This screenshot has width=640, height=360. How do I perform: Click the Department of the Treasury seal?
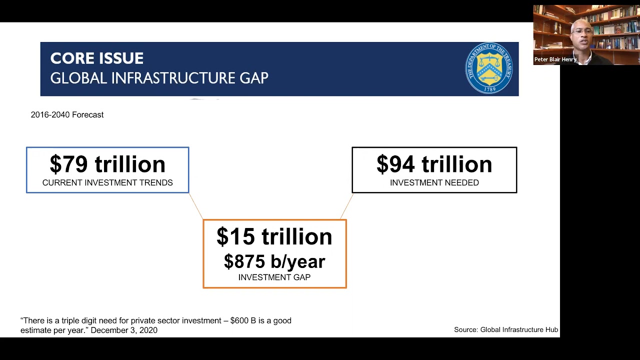[x=489, y=68]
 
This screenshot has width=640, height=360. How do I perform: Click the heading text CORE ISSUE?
[x=97, y=58]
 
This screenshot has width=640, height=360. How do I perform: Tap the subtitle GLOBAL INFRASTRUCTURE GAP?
[x=159, y=78]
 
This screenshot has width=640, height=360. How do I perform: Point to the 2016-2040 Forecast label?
[x=67, y=115]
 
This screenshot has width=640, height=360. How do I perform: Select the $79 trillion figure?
[x=107, y=164]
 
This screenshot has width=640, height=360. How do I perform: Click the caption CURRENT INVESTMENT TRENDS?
[x=107, y=183]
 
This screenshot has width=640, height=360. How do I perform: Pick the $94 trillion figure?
[x=434, y=164]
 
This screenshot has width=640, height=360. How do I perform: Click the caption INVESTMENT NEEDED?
[x=434, y=183]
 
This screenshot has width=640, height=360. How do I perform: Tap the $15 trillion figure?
[x=274, y=236]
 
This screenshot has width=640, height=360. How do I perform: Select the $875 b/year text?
[x=274, y=261]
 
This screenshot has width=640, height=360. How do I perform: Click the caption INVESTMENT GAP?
[x=274, y=277]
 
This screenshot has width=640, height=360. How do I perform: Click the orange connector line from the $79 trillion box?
[x=196, y=206]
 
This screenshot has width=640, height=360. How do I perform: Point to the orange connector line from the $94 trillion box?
[x=347, y=206]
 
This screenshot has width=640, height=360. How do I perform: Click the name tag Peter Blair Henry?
[x=555, y=59]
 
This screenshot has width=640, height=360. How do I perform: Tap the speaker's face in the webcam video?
[x=582, y=35]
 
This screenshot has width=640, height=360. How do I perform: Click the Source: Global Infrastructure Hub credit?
[x=505, y=330]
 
